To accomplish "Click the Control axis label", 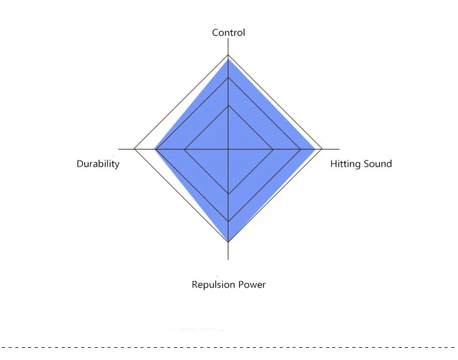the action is coord(228,32).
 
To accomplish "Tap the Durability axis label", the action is coord(98,164).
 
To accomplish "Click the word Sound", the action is coord(377,164).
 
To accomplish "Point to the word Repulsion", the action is coord(214,285).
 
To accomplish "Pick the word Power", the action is coord(252,285).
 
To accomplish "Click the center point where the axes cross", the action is coord(228,149).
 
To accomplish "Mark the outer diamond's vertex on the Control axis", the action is coord(228,55).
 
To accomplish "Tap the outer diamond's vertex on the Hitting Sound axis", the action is coord(322,149).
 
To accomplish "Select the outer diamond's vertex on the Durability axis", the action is coord(134,149).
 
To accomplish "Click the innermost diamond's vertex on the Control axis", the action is coord(228,106).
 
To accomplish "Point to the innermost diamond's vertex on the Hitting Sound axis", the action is coord(273,149).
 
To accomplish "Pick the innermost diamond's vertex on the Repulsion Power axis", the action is coord(228,194).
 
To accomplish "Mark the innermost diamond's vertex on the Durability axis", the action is coord(184,149).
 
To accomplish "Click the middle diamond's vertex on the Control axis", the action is coord(228,77).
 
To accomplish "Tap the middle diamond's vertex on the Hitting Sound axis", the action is coord(300,149).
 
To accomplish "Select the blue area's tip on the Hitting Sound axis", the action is coord(315,149).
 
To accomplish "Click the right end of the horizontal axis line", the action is coord(340,149).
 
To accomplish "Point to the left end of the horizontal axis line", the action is coord(118,149).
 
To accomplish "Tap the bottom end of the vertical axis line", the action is coord(228,259).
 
